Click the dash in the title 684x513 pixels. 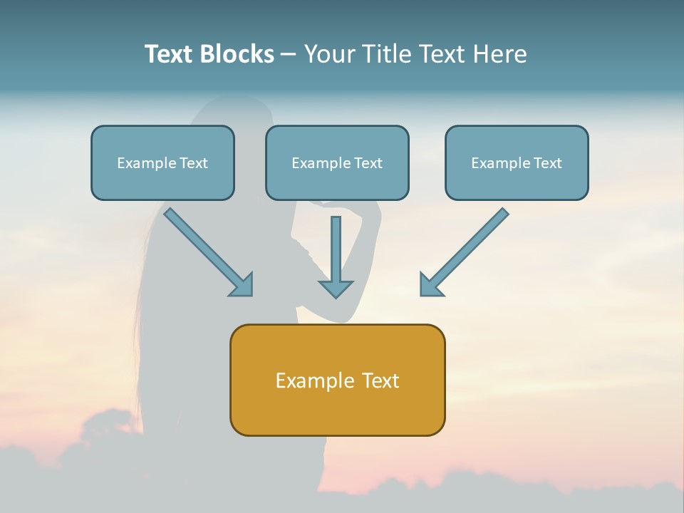coord(289,55)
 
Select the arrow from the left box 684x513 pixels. coord(203,247)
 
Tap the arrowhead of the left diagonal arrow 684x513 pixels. coord(243,285)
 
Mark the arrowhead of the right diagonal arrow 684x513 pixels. coord(430,285)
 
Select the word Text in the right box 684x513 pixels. coord(548,163)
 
